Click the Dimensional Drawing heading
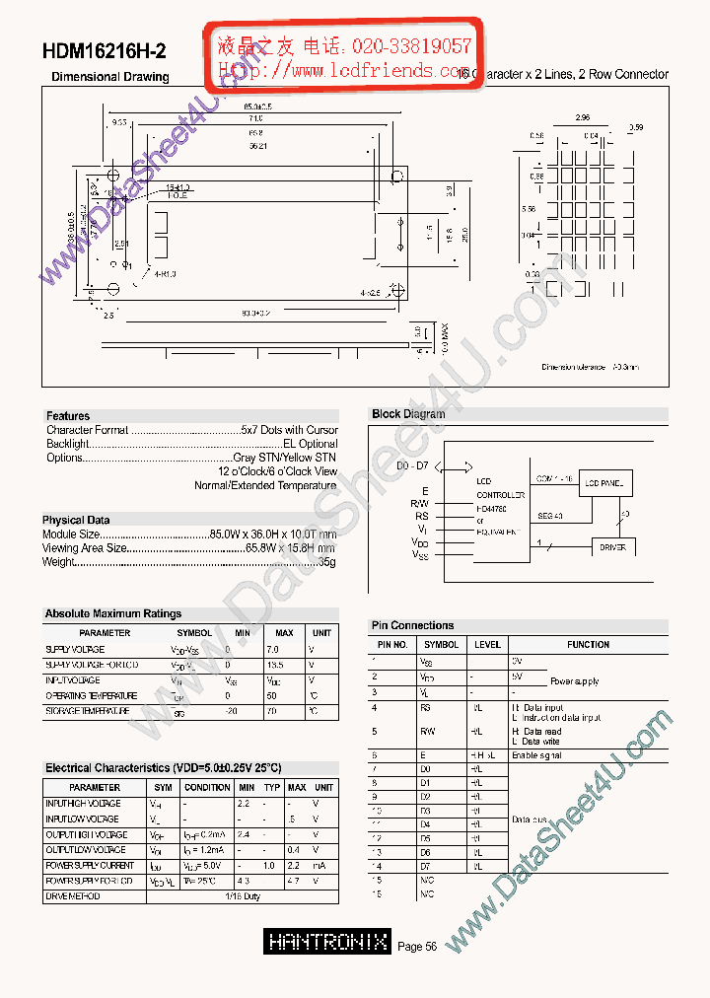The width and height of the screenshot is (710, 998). (x=109, y=77)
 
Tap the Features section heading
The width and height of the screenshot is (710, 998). (x=68, y=416)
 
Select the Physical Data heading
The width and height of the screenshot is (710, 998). (x=76, y=520)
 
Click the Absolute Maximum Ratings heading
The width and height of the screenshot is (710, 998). (x=113, y=613)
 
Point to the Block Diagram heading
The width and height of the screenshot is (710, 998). (x=408, y=414)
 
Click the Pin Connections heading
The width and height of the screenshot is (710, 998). (x=412, y=625)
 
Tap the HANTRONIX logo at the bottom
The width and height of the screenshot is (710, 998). (x=328, y=942)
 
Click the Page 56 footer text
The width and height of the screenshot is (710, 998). (x=417, y=947)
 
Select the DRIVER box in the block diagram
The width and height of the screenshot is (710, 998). (x=612, y=547)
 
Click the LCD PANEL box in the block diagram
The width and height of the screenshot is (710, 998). (x=604, y=483)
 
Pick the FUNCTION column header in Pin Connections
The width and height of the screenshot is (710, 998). (x=588, y=645)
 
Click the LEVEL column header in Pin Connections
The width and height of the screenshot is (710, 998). (x=487, y=645)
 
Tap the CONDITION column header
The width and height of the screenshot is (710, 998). (x=207, y=788)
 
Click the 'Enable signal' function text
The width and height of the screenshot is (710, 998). (x=536, y=754)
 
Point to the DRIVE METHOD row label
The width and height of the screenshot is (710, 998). (x=73, y=896)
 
